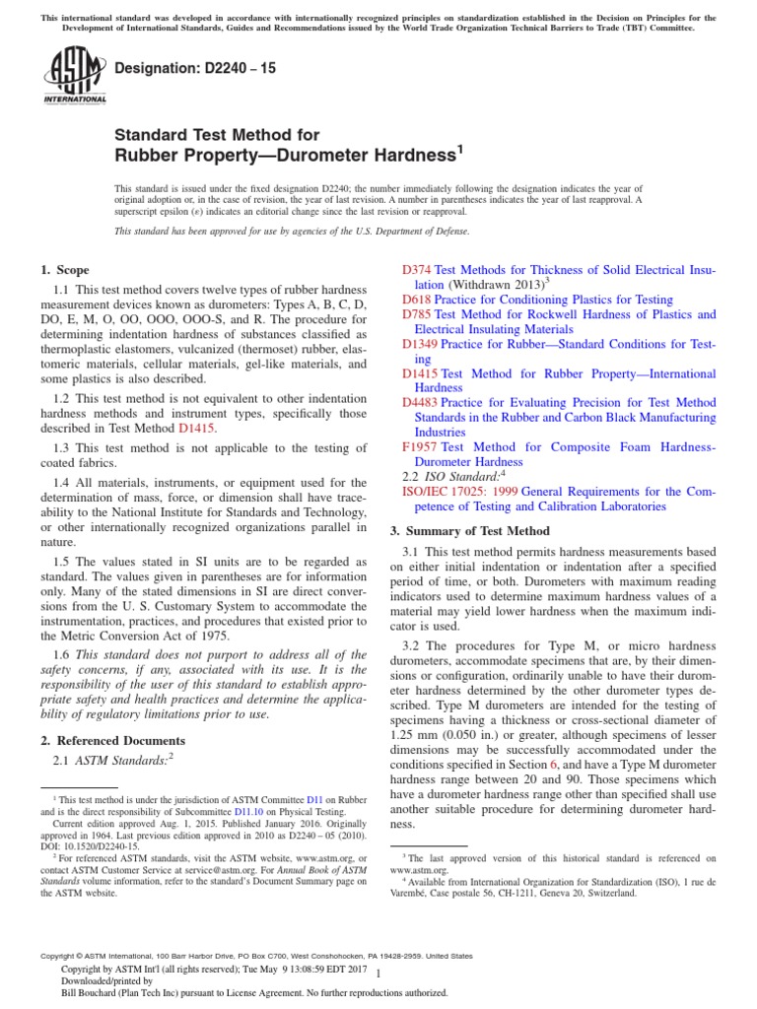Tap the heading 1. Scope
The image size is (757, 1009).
tap(64, 270)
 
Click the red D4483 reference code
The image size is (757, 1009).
tap(421, 402)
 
